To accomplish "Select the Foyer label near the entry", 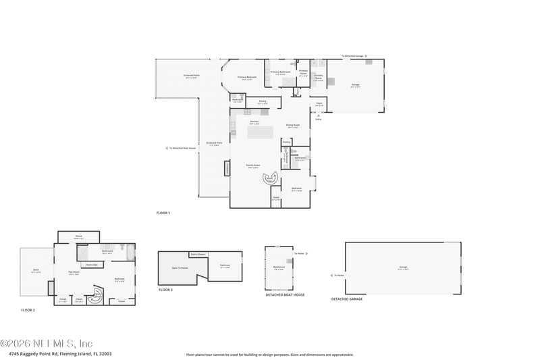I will click(x=320, y=104).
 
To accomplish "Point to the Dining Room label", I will click(x=292, y=125).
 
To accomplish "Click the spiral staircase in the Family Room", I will click(x=271, y=178).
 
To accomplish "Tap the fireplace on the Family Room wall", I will click(x=227, y=168).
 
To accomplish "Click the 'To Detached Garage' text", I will click(x=352, y=56).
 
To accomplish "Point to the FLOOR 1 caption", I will click(x=163, y=213).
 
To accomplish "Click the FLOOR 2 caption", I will click(x=28, y=309).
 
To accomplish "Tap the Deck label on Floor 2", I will click(x=36, y=270).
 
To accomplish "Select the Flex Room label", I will click(x=74, y=273).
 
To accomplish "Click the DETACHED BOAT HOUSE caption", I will click(x=285, y=294).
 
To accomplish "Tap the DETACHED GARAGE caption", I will click(x=346, y=299).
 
